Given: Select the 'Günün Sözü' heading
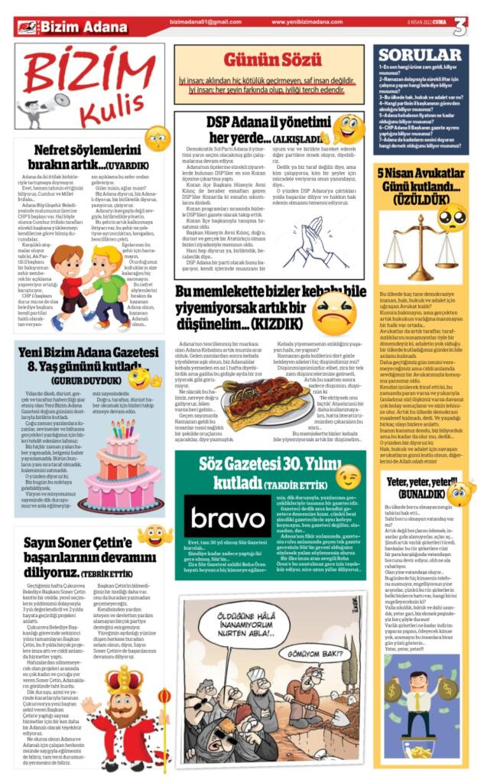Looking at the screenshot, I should click(x=268, y=60).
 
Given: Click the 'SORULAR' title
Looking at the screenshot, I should click(x=420, y=55).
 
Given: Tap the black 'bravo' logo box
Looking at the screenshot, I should click(x=216, y=516).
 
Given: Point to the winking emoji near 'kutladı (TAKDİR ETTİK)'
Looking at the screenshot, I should click(x=348, y=476).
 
